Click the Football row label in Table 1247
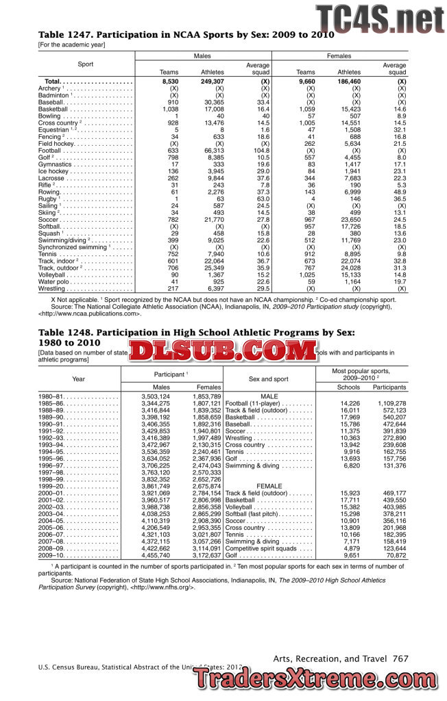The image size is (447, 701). click(51, 151)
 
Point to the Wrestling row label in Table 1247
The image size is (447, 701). click(52, 289)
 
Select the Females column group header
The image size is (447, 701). click(339, 56)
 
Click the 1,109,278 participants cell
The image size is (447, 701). click(391, 403)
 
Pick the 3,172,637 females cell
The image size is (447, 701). click(206, 556)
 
